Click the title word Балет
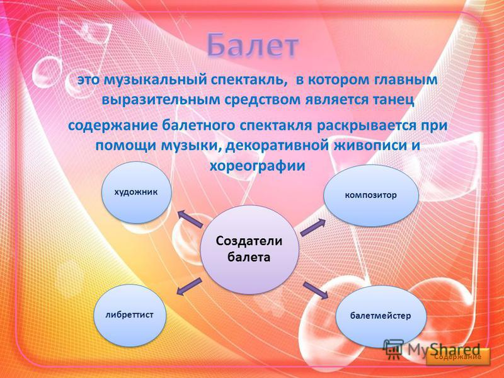[x=253, y=45]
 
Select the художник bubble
[x=136, y=192]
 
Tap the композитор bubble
[x=371, y=195]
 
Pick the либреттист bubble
[x=130, y=315]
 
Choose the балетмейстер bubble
[x=381, y=316]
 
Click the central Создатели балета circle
[x=249, y=249]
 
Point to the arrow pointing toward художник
[x=190, y=219]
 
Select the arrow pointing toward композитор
[x=313, y=227]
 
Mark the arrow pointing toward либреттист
[x=190, y=287]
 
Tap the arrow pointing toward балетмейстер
[x=316, y=290]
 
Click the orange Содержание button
[x=458, y=357]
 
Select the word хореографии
[x=257, y=166]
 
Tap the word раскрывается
[x=365, y=125]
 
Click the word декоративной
[x=277, y=146]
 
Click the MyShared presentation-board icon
[x=393, y=350]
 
